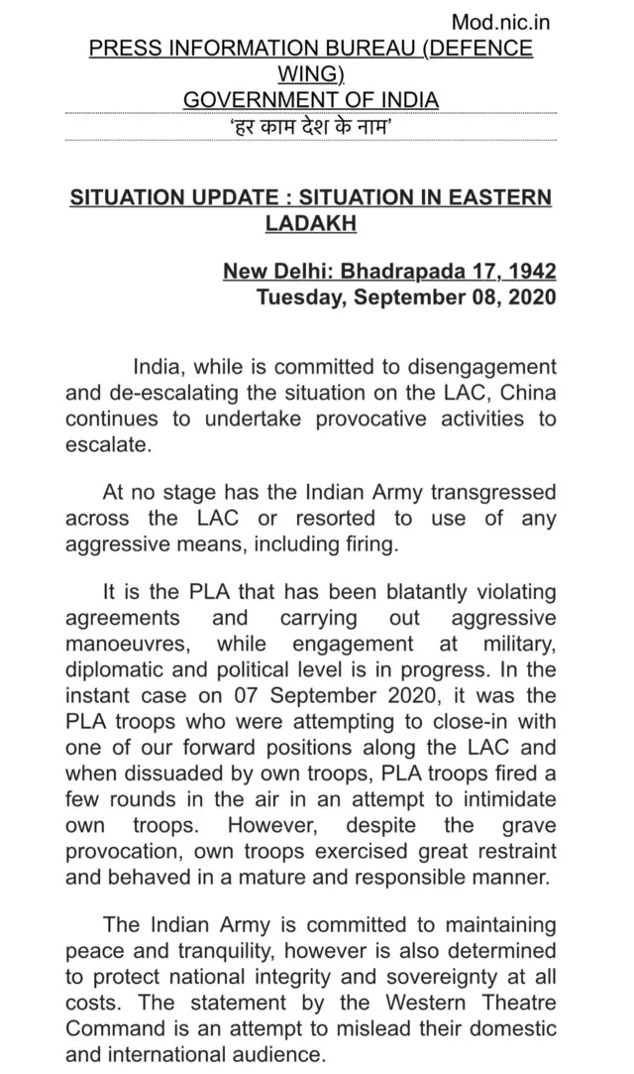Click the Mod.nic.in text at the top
point(500,22)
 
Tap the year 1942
point(530,271)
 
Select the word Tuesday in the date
point(294,297)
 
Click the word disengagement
point(477,367)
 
